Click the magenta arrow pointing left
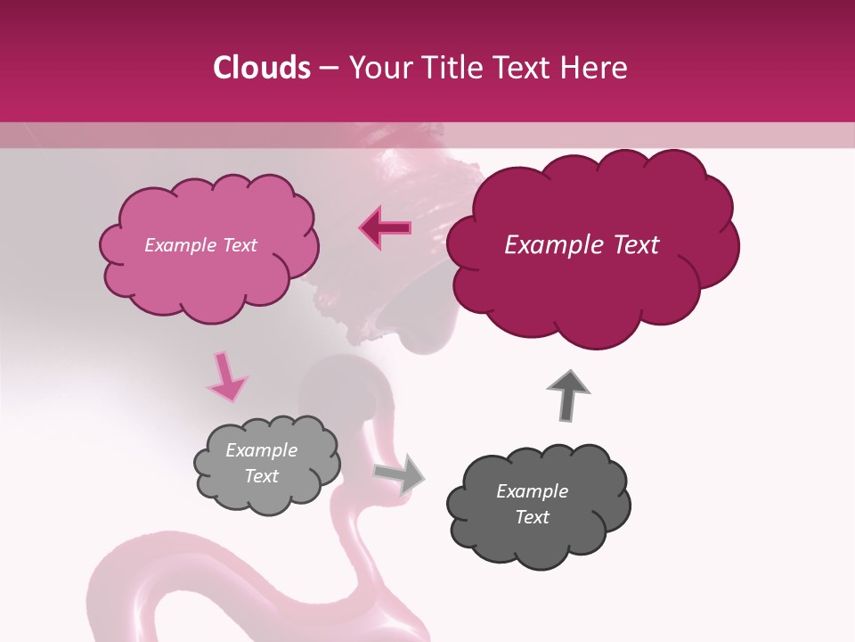coord(385,228)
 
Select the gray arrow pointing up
coord(568,394)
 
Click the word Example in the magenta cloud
coord(544,245)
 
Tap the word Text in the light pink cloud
coord(239,245)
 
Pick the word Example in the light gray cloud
coord(261,450)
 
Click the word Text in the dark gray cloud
coord(532,517)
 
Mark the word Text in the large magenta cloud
coord(630,245)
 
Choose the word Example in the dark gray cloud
coord(532,491)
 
